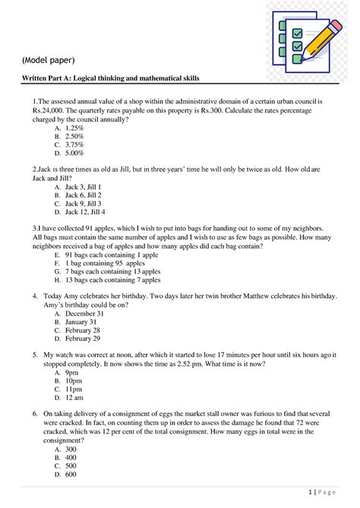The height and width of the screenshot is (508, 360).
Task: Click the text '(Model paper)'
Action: (47, 60)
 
